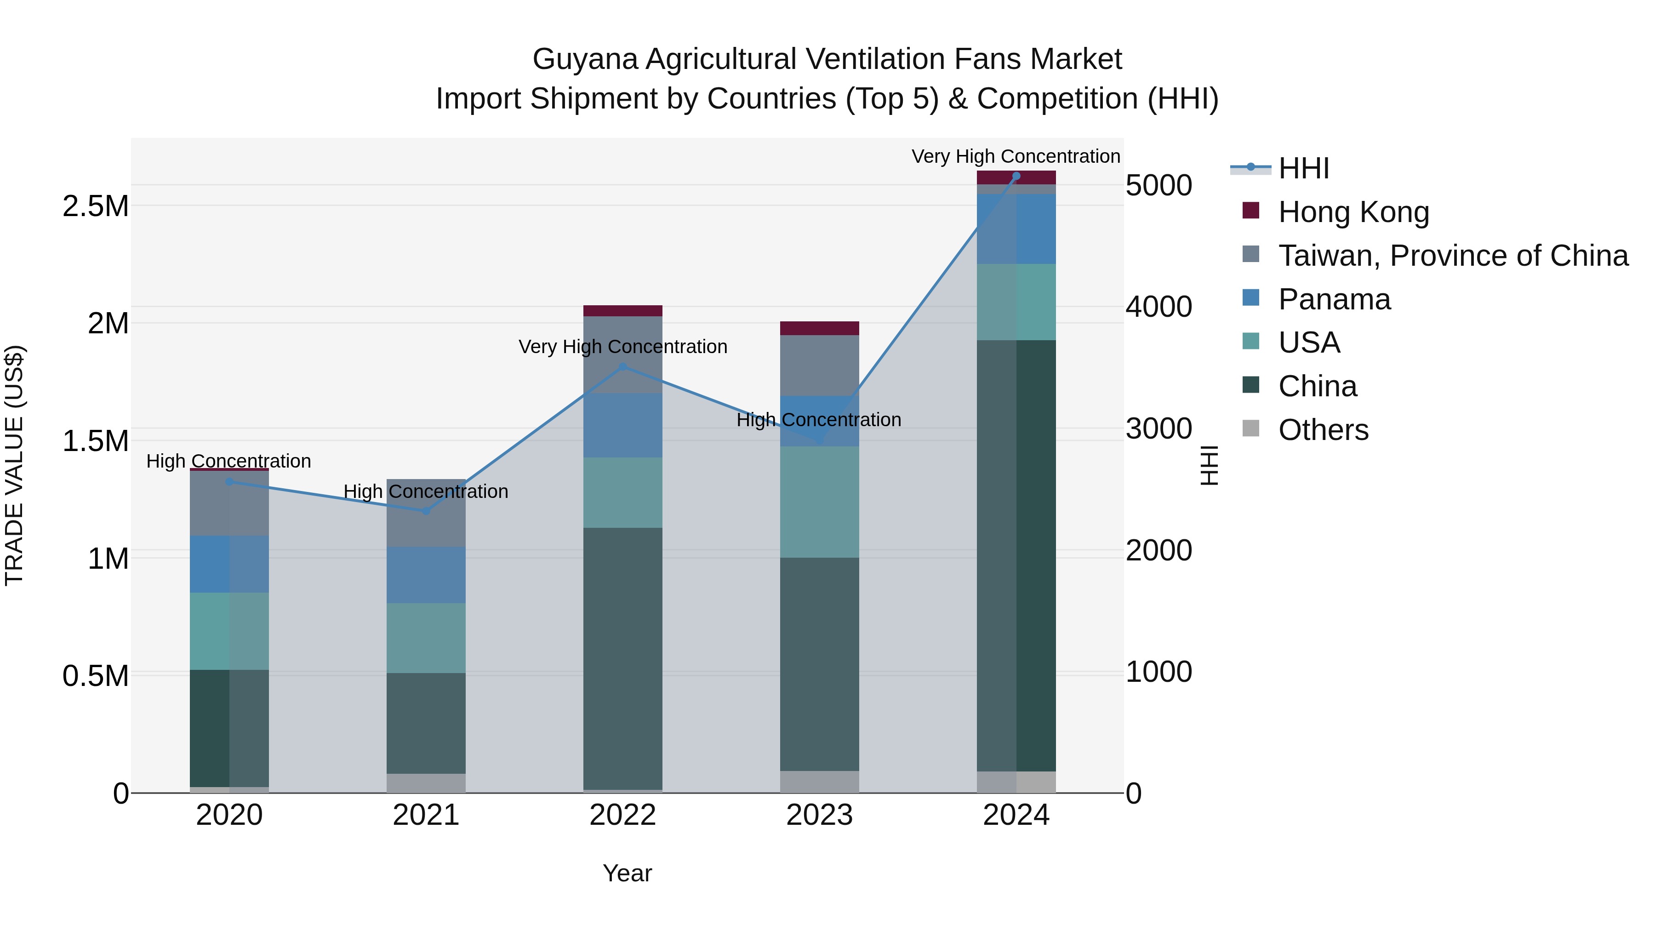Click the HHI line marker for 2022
pyautogui.click(x=622, y=367)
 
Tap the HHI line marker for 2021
pyautogui.click(x=426, y=511)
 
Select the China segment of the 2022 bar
pyautogui.click(x=622, y=658)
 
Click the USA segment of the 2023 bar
pyautogui.click(x=819, y=502)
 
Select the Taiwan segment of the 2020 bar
pyautogui.click(x=229, y=504)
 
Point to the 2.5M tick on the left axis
pyautogui.click(x=95, y=206)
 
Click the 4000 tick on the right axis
pyautogui.click(x=1158, y=307)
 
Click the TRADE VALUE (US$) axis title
pyautogui.click(x=14, y=465)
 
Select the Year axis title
pyautogui.click(x=627, y=873)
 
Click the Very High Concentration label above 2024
pyautogui.click(x=1015, y=156)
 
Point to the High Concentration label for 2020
pyautogui.click(x=229, y=461)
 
